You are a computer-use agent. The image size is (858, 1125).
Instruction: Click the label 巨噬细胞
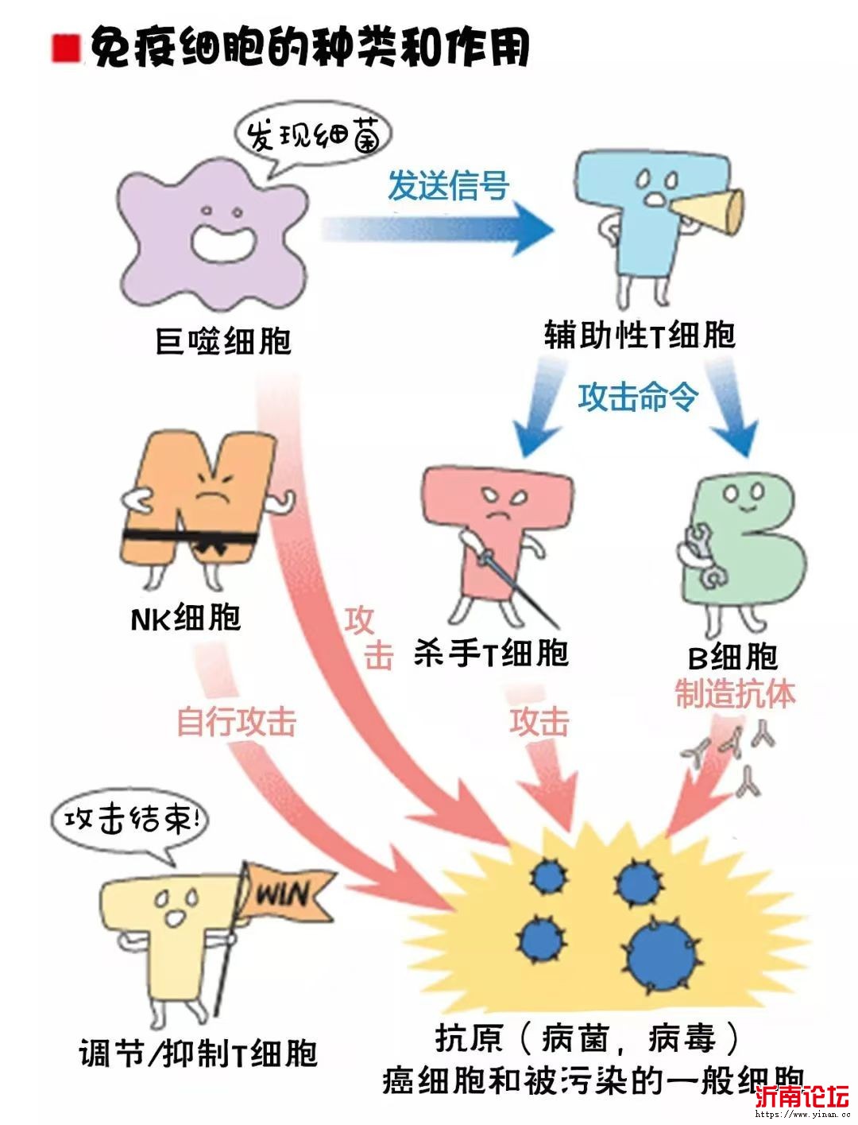tap(224, 341)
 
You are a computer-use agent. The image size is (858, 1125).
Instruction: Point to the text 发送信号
tap(448, 186)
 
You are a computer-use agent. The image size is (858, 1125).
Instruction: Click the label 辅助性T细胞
tap(640, 335)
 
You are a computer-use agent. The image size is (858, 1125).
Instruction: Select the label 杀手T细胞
tap(491, 654)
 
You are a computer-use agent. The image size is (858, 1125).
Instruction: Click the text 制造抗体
tap(735, 693)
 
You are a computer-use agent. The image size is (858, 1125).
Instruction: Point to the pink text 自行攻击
tap(236, 722)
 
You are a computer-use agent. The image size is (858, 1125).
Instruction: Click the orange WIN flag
tap(284, 894)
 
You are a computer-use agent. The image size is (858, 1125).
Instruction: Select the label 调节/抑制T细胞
tap(198, 1053)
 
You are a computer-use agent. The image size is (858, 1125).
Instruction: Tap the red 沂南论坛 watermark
tap(802, 1097)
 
